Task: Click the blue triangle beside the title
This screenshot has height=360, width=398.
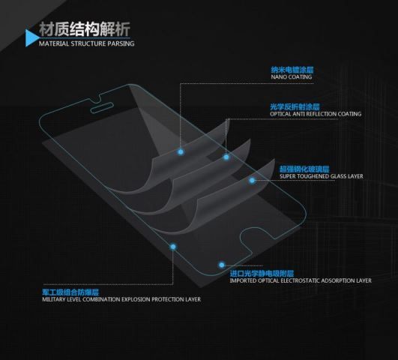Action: pos(31,38)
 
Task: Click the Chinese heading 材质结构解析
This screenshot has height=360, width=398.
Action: pos(85,29)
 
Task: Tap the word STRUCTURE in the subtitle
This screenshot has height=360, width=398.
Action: pos(88,43)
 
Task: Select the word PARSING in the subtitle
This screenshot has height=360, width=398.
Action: pos(121,43)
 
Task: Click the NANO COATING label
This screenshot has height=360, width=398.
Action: pos(292,76)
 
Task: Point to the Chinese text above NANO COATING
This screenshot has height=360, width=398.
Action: pos(292,70)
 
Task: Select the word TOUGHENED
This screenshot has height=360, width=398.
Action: pos(313,176)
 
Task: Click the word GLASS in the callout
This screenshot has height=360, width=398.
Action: pos(338,176)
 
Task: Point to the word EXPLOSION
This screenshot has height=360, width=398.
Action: pos(136,299)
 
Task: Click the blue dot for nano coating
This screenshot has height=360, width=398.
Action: pos(181,152)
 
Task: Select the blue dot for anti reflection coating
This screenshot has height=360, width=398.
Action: pos(226,157)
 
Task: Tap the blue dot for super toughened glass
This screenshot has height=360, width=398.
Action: pos(252,181)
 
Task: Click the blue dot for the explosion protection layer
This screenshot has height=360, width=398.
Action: pos(173,247)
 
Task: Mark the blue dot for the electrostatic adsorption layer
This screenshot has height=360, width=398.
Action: pos(222,265)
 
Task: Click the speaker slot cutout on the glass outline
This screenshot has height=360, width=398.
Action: pos(102,108)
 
